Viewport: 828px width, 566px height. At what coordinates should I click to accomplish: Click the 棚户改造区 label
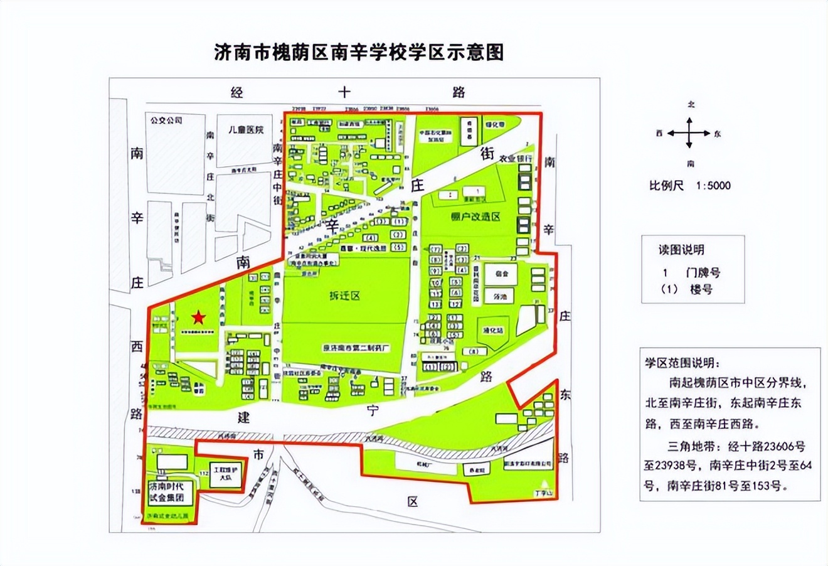[475, 216]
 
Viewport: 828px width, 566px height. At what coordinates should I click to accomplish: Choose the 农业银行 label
[516, 159]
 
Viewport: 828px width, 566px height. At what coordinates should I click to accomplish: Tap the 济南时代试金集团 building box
[167, 493]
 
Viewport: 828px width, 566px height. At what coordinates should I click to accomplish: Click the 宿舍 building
[500, 273]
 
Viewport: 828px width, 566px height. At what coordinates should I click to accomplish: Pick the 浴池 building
[499, 296]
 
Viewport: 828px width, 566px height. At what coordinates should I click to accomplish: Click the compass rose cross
[690, 133]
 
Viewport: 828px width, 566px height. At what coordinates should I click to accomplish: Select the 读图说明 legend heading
[681, 250]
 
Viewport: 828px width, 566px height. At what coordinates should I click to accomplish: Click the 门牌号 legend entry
[703, 272]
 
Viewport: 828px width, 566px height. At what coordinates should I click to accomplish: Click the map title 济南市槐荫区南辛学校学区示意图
[359, 52]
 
